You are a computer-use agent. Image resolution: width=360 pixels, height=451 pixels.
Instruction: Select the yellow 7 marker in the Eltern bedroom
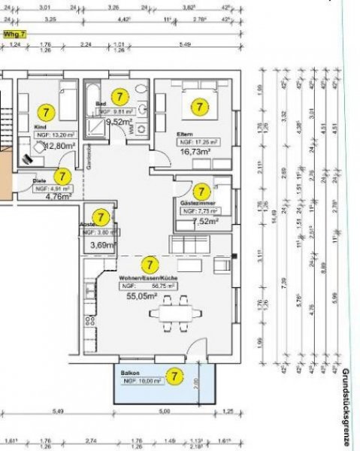(199, 107)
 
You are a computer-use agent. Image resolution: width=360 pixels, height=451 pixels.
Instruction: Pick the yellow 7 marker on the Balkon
(174, 374)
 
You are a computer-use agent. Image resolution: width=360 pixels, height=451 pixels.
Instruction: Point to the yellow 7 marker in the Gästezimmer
(201, 192)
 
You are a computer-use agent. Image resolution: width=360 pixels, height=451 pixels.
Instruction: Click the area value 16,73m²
(192, 150)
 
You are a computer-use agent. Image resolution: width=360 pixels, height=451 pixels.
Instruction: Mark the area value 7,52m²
(204, 222)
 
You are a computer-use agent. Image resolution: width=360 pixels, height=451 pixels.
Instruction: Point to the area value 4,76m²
(58, 197)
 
